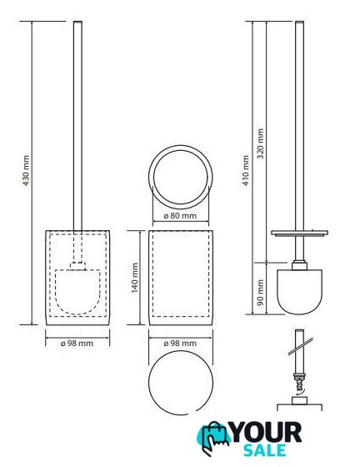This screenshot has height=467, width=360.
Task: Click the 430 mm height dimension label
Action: click(x=26, y=170)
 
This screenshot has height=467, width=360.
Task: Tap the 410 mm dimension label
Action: click(x=246, y=170)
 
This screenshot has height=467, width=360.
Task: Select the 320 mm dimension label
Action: click(x=260, y=143)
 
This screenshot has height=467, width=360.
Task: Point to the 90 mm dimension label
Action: click(x=260, y=292)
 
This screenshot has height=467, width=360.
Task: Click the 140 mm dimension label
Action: click(x=135, y=278)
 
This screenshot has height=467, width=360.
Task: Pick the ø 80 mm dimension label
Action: click(x=180, y=215)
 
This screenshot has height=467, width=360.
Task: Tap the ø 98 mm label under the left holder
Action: click(x=77, y=343)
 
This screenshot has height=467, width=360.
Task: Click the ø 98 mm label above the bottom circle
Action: click(x=180, y=343)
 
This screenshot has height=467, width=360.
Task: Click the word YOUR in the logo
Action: click(x=266, y=432)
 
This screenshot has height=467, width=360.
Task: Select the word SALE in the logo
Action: click(x=265, y=450)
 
